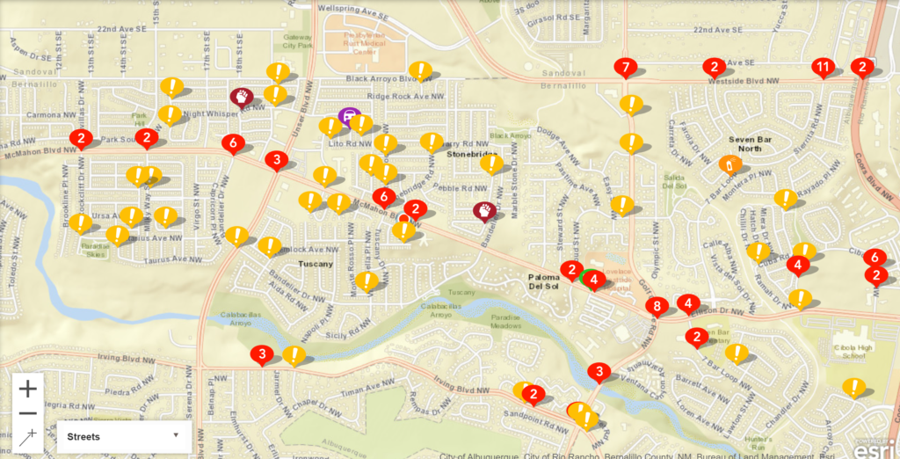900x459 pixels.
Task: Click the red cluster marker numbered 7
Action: point(626,67)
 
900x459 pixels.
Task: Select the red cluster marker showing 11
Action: point(823,67)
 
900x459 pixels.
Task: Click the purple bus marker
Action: point(349,115)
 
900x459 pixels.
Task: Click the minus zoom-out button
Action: point(28,413)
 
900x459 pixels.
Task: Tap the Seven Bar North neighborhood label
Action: point(744,143)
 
